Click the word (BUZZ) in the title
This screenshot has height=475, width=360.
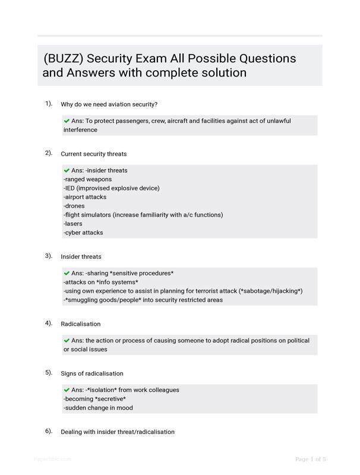pos(64,59)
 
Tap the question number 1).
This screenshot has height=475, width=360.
pos(49,103)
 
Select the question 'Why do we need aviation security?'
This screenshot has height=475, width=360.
pos(109,104)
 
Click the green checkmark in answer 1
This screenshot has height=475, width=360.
pos(67,121)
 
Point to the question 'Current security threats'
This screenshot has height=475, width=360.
pos(93,154)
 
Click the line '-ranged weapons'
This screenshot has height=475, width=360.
pos(87,179)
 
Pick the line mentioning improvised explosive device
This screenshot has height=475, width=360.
pos(111,188)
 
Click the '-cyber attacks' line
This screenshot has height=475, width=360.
pos(83,233)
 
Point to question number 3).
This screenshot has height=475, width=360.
pos(49,256)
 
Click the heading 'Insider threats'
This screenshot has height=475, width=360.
pos(81,257)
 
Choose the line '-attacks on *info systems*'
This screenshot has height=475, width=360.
pos(100,282)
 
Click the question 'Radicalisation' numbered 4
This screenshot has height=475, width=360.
pos(81,324)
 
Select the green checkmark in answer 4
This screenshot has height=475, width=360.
pos(67,341)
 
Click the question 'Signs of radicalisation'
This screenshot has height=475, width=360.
pos(92,373)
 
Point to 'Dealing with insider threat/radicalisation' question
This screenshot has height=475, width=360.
pos(118,432)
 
